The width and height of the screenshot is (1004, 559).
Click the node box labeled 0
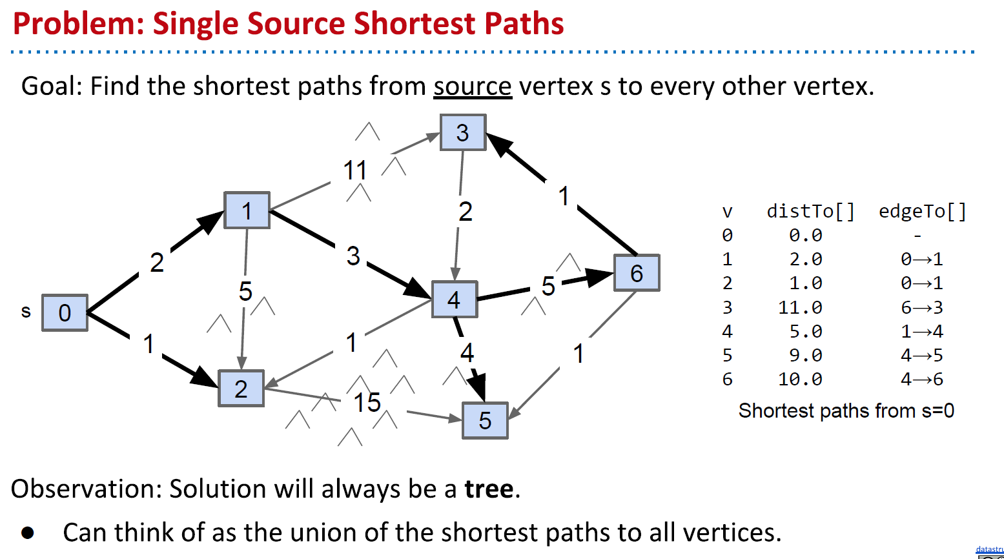pyautogui.click(x=65, y=313)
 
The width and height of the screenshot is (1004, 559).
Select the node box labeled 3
pyautogui.click(x=462, y=132)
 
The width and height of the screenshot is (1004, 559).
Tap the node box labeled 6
pyautogui.click(x=637, y=273)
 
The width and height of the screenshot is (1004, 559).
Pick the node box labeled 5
pyautogui.click(x=485, y=421)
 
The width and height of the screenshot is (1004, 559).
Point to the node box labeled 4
pyautogui.click(x=454, y=300)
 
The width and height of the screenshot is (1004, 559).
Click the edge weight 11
pyautogui.click(x=355, y=171)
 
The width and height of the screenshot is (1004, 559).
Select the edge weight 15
pyautogui.click(x=367, y=403)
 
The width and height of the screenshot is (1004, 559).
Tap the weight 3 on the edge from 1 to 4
pyautogui.click(x=353, y=256)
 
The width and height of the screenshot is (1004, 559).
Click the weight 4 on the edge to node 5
pyautogui.click(x=467, y=352)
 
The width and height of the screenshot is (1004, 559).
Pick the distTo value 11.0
pyautogui.click(x=800, y=307)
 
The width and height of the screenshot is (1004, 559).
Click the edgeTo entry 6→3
pyautogui.click(x=922, y=307)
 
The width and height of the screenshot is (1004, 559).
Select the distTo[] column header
pyautogui.click(x=810, y=211)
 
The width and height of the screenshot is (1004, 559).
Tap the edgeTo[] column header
pyautogui.click(x=923, y=211)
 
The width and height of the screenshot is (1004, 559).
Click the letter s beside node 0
pyautogui.click(x=26, y=312)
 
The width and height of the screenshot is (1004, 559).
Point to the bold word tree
pyautogui.click(x=489, y=489)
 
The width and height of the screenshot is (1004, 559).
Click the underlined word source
pyautogui.click(x=472, y=86)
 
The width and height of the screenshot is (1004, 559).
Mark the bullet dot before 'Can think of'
pyautogui.click(x=28, y=533)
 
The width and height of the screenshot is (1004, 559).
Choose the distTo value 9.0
pyautogui.click(x=805, y=355)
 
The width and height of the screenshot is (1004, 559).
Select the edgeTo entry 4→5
pyautogui.click(x=922, y=355)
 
